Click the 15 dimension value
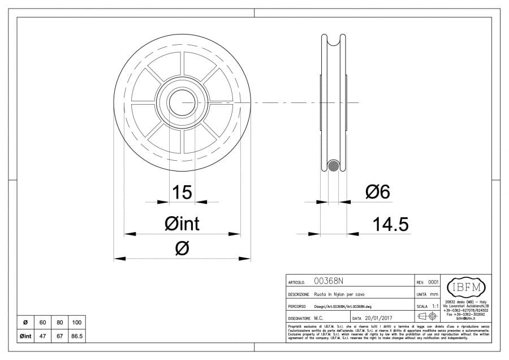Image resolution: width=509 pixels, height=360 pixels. click(x=182, y=192)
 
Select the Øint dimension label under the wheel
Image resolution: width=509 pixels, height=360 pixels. click(x=182, y=224)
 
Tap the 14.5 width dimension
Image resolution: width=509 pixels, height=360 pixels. click(x=390, y=225)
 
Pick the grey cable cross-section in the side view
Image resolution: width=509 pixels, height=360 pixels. click(x=333, y=166)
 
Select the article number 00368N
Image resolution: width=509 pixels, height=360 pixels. click(x=328, y=281)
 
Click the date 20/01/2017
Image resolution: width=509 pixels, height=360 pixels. click(x=378, y=319)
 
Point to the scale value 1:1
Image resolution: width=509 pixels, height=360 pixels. click(x=434, y=306)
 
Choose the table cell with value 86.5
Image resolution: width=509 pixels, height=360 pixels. click(x=77, y=336)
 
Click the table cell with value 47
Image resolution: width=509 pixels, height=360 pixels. click(x=42, y=336)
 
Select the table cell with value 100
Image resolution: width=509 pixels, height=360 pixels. click(x=77, y=323)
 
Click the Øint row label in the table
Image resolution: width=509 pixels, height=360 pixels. click(x=25, y=336)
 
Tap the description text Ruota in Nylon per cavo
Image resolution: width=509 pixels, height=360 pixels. click(x=336, y=294)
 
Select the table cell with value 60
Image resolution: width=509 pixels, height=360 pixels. click(x=42, y=323)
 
